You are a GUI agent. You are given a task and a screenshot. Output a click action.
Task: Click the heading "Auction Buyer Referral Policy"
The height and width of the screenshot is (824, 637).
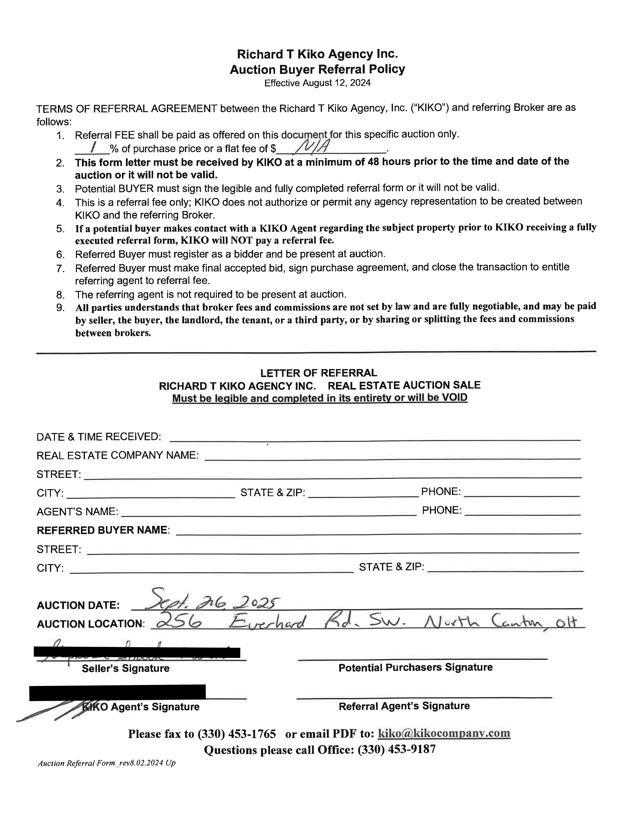pos(317,69)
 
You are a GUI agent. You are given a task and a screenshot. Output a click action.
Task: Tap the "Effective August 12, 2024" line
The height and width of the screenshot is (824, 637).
pos(317,83)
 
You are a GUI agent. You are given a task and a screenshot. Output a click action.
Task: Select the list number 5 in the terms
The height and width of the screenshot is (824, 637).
pos(60,229)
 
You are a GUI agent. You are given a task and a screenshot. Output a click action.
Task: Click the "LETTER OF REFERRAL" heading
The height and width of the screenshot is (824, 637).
pos(318,373)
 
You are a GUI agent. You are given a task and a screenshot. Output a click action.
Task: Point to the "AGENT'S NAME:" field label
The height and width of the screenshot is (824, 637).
pos(77,512)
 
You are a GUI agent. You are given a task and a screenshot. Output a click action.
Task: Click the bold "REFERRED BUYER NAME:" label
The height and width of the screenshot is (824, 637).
pos(103,530)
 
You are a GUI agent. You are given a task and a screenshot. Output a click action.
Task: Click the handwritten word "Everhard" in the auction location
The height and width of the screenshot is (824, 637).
pos(267,621)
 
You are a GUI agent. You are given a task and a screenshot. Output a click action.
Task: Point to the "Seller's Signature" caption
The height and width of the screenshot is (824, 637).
pos(126,668)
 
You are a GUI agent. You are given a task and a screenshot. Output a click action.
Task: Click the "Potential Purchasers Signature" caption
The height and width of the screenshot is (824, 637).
pos(415,667)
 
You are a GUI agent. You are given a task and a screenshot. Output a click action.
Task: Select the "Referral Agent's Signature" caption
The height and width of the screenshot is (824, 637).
pos(404,706)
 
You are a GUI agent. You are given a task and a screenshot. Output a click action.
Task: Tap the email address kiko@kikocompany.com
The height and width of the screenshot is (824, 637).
pos(444,733)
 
